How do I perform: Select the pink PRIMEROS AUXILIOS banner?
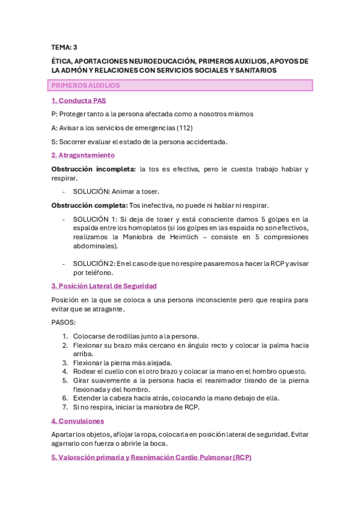coord(182,85)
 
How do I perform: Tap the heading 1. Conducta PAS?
coord(79,100)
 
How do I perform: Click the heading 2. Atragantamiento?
coord(83,155)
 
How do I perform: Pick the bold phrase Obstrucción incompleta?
coord(94,169)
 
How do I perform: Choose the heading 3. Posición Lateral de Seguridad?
coord(104,286)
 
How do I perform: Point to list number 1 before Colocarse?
coord(65,336)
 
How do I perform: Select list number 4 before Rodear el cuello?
coord(65,371)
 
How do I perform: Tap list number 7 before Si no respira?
coord(65,407)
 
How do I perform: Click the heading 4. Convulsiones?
coord(78,421)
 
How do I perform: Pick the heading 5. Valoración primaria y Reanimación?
coord(151,457)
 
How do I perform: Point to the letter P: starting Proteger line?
coord(55,114)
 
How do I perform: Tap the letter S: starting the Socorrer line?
coord(55,141)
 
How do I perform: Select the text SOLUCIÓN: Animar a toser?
coord(116,191)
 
